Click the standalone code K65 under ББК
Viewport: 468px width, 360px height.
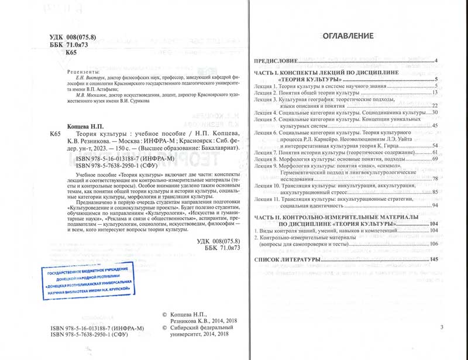pyautogui.click(x=71, y=53)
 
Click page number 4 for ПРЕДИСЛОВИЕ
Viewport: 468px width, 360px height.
pyautogui.click(x=436, y=61)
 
